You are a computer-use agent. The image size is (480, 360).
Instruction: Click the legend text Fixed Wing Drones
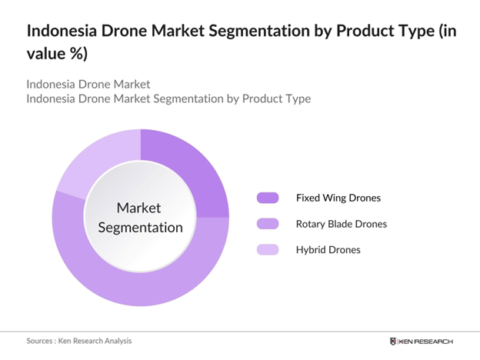(x=338, y=198)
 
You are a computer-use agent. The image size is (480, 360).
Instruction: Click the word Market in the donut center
(x=139, y=208)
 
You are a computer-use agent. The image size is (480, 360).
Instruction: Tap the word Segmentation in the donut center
(x=139, y=228)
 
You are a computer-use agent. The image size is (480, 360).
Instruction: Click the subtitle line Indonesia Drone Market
(x=88, y=84)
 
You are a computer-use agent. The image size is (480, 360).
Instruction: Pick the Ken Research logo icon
(x=394, y=341)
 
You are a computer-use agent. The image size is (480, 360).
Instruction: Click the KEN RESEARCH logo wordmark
(x=427, y=341)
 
